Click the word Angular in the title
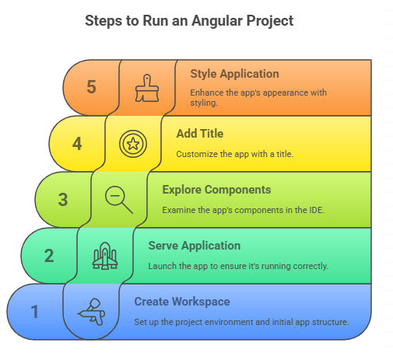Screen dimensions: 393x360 pos(217,21)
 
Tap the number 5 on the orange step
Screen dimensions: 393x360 pos(91,86)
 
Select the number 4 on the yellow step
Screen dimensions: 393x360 pos(77,144)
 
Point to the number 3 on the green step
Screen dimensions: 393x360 pos(63,200)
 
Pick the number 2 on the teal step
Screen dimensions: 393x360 pos(49,256)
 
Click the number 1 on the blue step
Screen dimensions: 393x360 pos(35,311)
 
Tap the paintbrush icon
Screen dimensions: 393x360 pos(147,88)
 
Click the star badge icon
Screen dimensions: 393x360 pos(133,144)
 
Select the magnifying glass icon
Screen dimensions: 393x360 pos(119,200)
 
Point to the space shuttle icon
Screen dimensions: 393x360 pos(105,256)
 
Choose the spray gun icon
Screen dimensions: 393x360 pos(91,312)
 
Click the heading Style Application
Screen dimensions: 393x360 pos(234,74)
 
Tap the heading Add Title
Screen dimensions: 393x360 pos(200,134)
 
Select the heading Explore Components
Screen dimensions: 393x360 pos(216,190)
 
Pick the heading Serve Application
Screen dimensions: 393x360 pos(195,246)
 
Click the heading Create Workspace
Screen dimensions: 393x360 pos(182,302)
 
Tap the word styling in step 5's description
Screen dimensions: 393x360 pos(204,103)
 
